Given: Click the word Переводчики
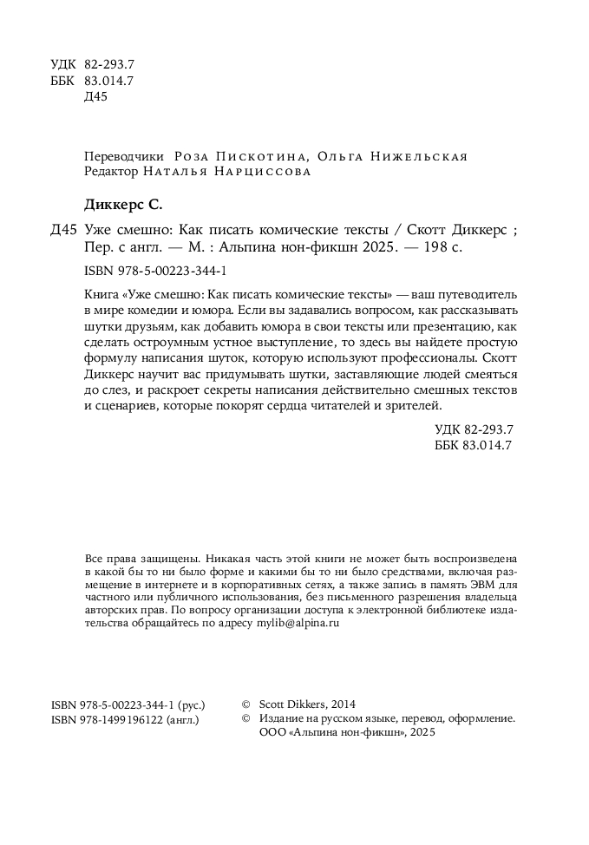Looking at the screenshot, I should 124,157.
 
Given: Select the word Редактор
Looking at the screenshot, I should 111,172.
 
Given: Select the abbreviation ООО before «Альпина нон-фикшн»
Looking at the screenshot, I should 272,733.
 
